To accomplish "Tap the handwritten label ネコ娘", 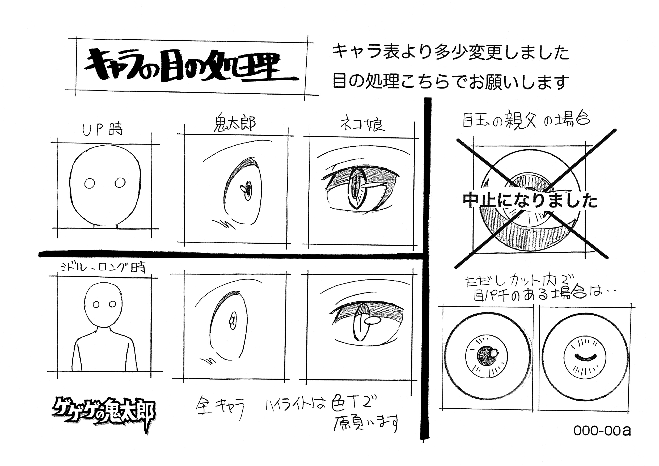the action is click(363, 125).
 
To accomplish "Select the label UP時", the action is click(102, 130).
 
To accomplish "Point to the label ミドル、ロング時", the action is click(102, 268).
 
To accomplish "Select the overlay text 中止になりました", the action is click(530, 200).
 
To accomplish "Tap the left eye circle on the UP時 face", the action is click(90, 183).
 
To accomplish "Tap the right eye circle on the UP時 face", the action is click(120, 182).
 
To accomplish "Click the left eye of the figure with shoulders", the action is click(96, 305).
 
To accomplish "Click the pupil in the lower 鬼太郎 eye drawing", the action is click(233, 320).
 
